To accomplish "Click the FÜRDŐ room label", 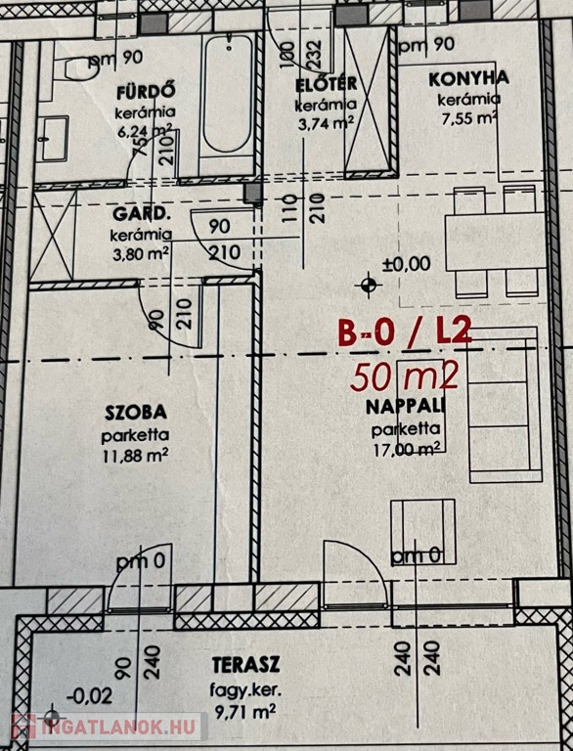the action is click(x=146, y=92).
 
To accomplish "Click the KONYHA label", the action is click(x=468, y=79).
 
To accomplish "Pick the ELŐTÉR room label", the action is click(x=327, y=85).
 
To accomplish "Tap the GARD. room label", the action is click(x=142, y=214).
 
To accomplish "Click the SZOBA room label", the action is click(x=136, y=413).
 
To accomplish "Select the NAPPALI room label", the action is click(x=406, y=407).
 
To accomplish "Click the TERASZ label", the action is click(x=245, y=665).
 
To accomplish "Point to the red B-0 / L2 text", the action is click(x=405, y=332).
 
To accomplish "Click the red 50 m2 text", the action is click(x=405, y=376).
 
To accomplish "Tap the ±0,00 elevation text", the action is click(x=406, y=263).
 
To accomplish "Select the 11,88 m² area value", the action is click(x=136, y=455).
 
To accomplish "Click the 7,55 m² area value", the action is click(x=468, y=117).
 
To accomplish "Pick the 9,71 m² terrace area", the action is click(x=244, y=712).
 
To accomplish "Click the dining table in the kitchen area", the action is click(x=496, y=243).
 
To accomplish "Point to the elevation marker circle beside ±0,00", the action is click(x=368, y=286).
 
